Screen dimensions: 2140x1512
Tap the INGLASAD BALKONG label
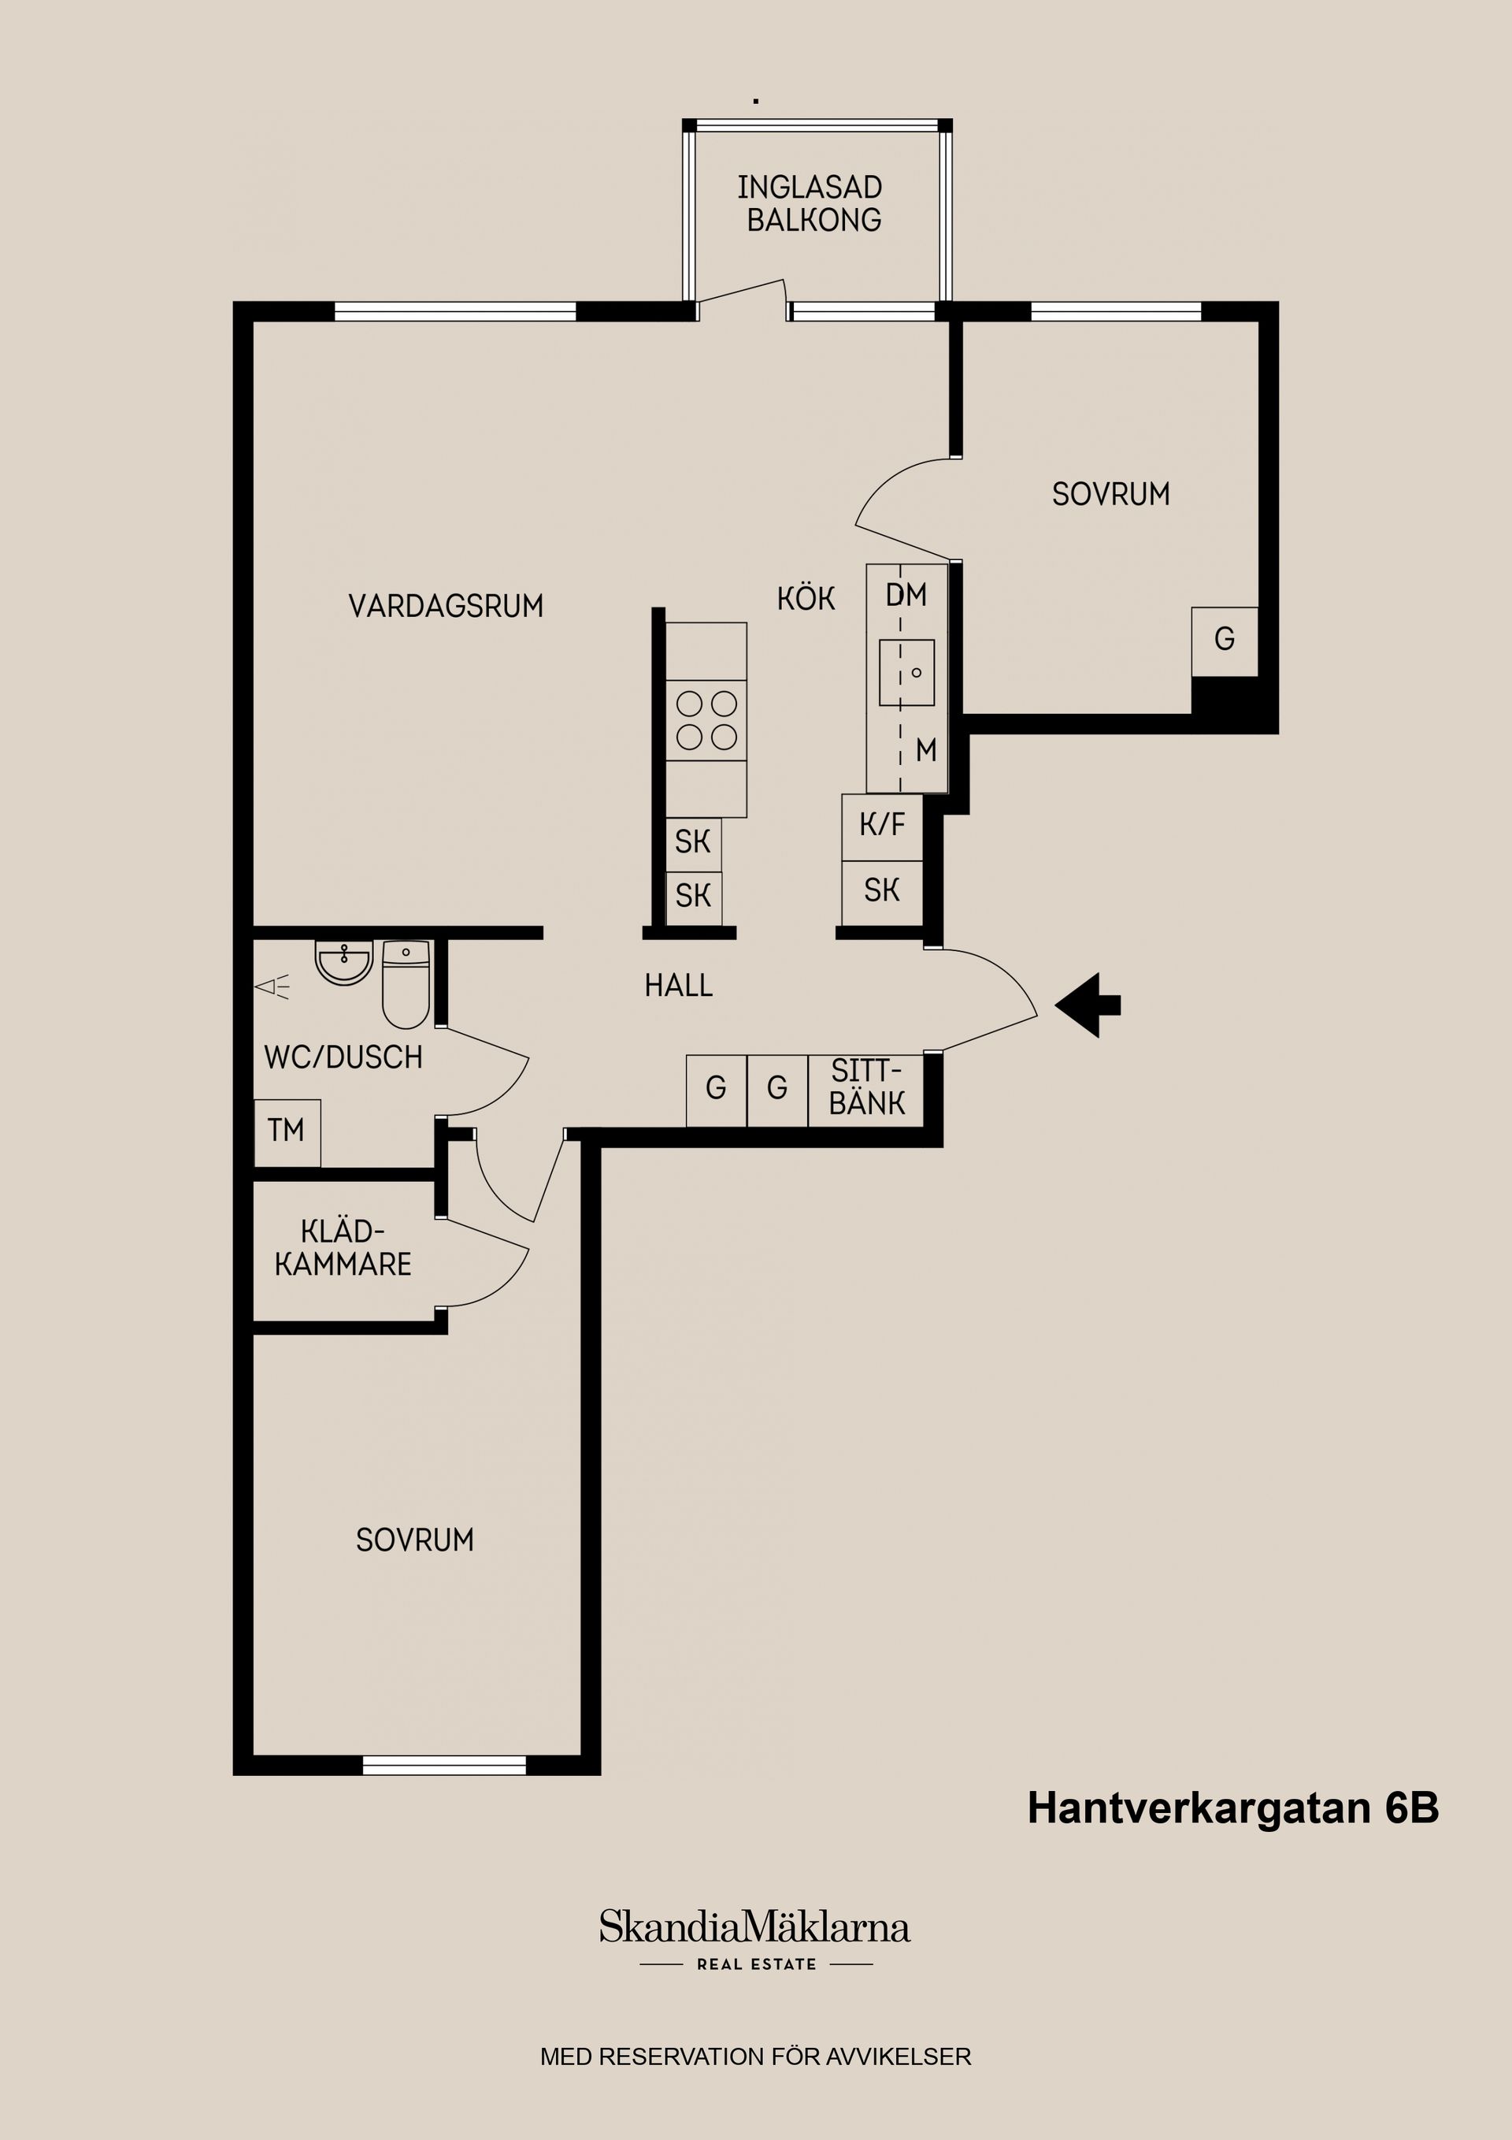click(x=810, y=203)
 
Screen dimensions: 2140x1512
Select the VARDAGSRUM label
click(x=445, y=607)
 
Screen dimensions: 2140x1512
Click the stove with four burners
click(x=706, y=720)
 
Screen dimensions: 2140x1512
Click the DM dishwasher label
click(x=906, y=595)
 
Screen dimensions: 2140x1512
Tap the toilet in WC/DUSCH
click(x=406, y=983)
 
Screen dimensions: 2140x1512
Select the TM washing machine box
click(x=287, y=1131)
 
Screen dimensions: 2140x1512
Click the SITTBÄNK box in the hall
click(x=866, y=1089)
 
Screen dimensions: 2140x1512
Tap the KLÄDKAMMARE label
click(x=343, y=1248)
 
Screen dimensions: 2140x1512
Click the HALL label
click(x=678, y=985)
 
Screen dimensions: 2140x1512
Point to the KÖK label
click(x=806, y=598)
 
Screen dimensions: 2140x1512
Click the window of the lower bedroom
click(x=444, y=1765)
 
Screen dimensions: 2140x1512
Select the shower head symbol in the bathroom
click(x=272, y=986)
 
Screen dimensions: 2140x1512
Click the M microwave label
click(x=925, y=750)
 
